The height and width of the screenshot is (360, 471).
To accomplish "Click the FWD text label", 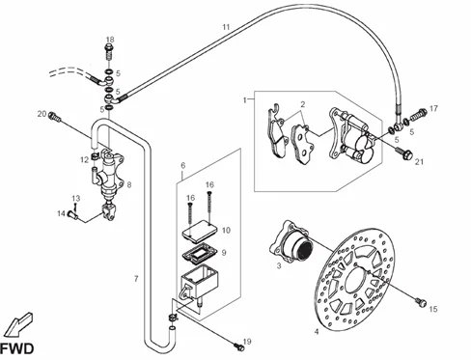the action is (x=16, y=348).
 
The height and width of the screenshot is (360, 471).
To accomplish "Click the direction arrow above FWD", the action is (x=18, y=324).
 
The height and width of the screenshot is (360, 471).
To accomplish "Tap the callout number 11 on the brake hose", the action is (x=226, y=27).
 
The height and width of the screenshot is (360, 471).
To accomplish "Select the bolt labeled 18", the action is (x=109, y=53).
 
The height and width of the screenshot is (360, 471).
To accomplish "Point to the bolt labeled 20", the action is (x=54, y=117).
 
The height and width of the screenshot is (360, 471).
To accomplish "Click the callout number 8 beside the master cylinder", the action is (x=129, y=185).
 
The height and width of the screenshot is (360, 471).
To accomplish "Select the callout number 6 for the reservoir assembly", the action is (x=183, y=166).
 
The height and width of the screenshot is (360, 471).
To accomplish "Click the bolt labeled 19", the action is (x=238, y=346).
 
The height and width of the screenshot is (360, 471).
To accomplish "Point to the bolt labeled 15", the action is (x=422, y=302).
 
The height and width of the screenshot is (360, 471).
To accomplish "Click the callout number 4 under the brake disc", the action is (x=317, y=331).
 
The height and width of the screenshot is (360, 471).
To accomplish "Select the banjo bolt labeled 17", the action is (x=419, y=115).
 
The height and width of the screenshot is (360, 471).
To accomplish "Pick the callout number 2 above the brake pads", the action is (x=303, y=104).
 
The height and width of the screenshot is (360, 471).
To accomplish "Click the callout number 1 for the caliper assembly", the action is (x=245, y=100).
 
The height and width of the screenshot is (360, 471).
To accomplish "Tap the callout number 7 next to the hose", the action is (x=136, y=279).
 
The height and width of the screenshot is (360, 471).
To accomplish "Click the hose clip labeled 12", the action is (x=95, y=156).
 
